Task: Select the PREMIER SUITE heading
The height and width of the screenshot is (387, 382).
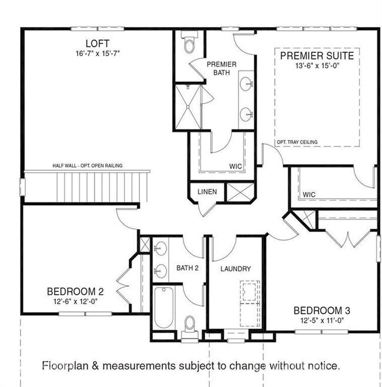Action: tap(317, 56)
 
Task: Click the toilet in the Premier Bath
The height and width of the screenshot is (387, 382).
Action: tap(189, 44)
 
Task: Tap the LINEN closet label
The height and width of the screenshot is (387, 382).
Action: tap(207, 192)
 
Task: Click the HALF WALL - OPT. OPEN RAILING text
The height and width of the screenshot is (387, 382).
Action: tap(88, 166)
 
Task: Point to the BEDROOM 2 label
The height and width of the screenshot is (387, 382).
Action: tap(76, 291)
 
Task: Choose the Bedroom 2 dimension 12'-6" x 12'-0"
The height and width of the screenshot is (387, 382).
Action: tap(76, 301)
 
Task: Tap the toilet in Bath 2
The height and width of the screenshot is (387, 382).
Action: tap(190, 323)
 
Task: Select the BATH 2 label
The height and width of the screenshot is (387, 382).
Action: tap(188, 268)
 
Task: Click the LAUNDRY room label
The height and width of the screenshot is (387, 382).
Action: tap(236, 269)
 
